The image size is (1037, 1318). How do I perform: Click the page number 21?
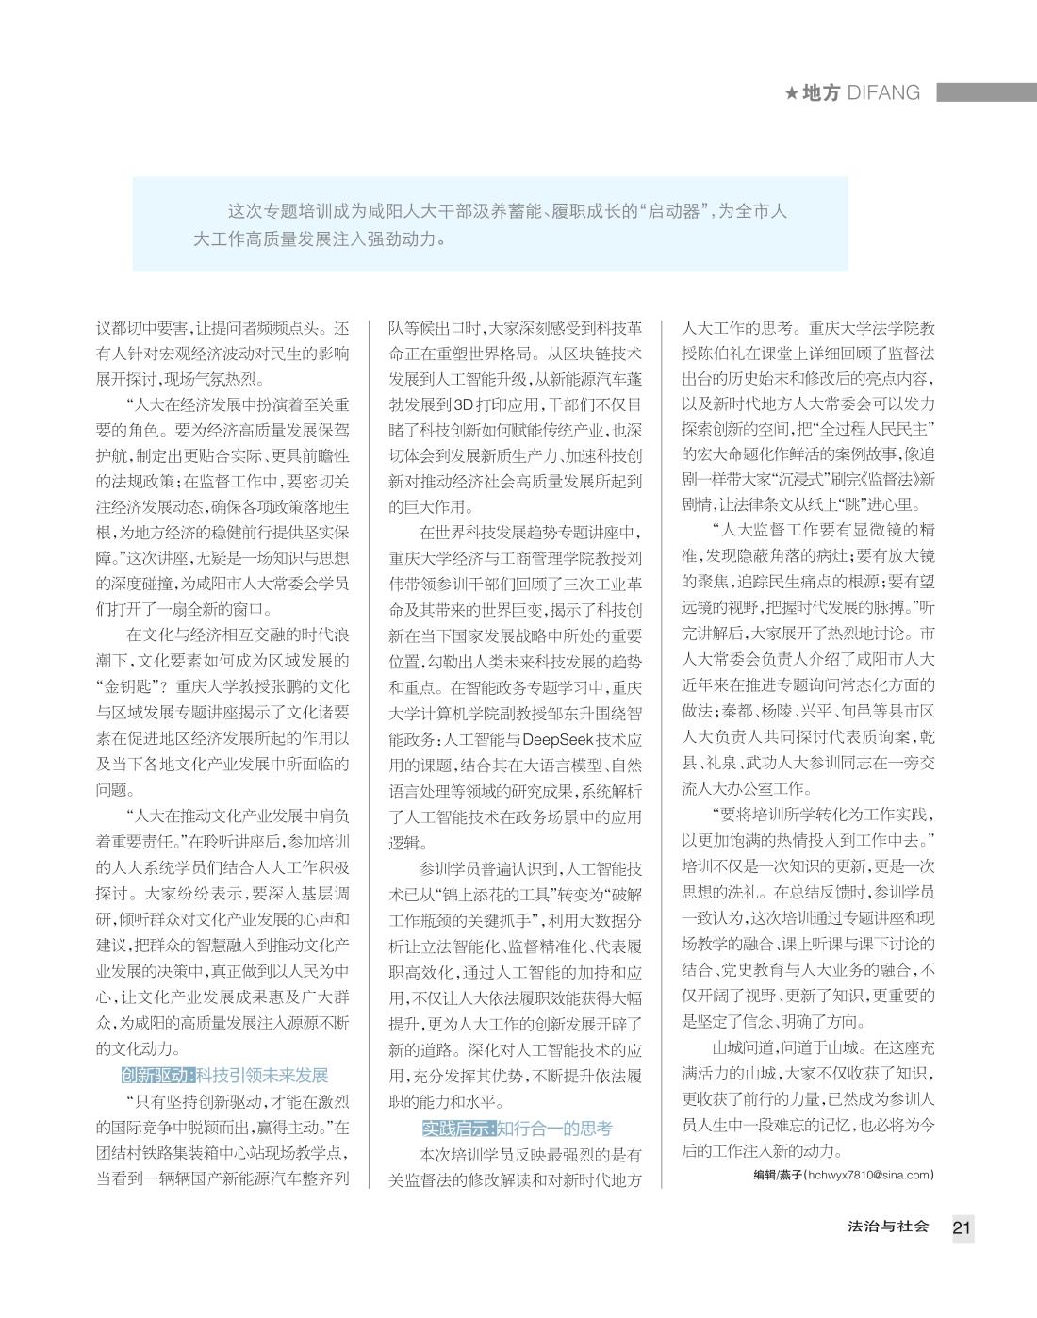tap(962, 1227)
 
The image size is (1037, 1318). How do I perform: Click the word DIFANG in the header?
tap(883, 92)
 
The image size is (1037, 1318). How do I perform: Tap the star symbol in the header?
tap(792, 93)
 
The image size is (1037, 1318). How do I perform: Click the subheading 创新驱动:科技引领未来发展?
tap(224, 1076)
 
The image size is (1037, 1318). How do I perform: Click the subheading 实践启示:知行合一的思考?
tap(517, 1128)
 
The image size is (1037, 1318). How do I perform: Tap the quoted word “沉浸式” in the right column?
tap(793, 479)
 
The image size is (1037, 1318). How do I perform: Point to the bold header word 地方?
tap(821, 92)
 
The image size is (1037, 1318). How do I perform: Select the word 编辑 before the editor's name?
tap(765, 1175)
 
